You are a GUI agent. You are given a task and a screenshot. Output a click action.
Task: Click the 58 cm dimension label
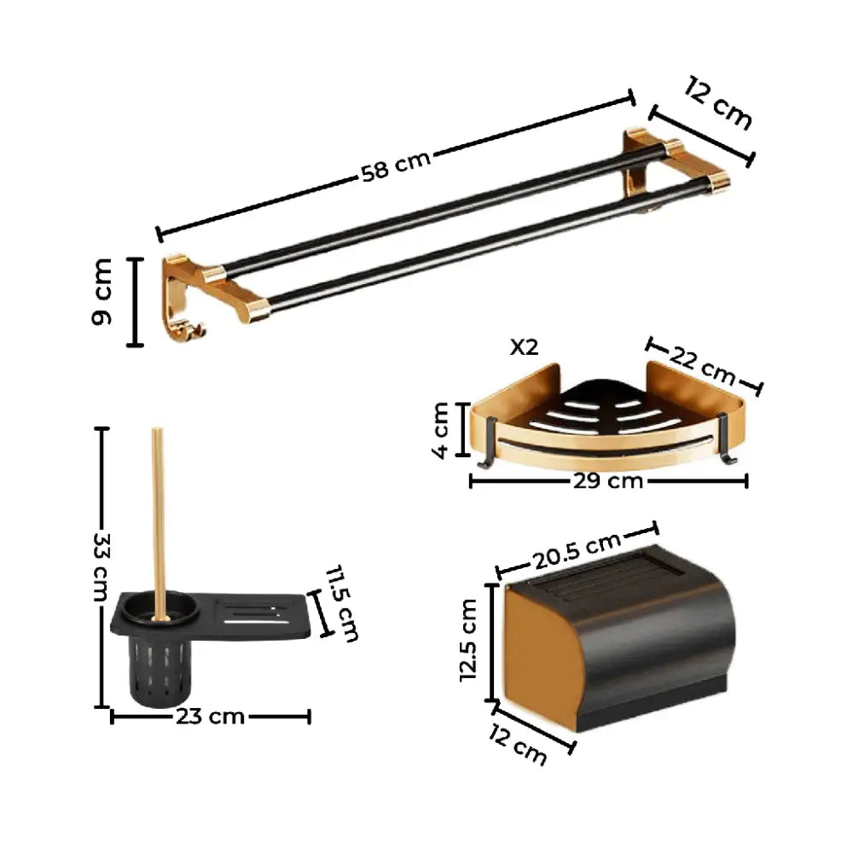(x=396, y=165)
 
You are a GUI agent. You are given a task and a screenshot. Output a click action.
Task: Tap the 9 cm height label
(x=102, y=292)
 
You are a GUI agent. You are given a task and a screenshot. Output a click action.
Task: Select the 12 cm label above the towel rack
(x=718, y=103)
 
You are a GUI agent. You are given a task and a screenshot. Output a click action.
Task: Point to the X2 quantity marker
(x=524, y=347)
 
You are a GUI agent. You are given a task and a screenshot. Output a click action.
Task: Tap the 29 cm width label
(x=607, y=481)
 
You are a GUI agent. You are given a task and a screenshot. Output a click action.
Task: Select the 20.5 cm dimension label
(x=577, y=550)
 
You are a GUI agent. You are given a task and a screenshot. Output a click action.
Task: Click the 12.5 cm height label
(x=469, y=640)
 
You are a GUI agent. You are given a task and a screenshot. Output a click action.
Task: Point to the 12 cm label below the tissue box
(x=518, y=744)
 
